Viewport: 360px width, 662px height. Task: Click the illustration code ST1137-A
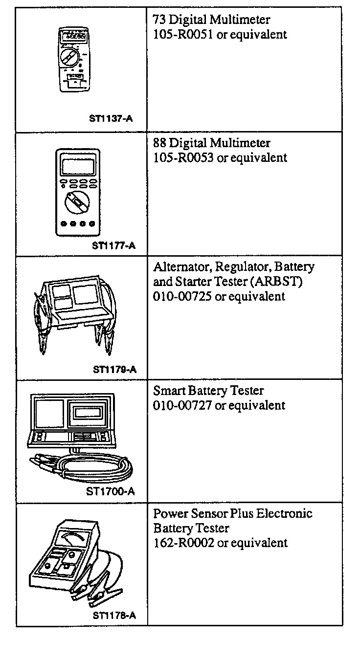pyautogui.click(x=111, y=118)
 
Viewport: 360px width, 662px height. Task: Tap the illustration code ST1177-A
pyautogui.click(x=113, y=245)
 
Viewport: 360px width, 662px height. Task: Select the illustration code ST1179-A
pyautogui.click(x=114, y=369)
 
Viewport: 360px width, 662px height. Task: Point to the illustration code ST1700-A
pyautogui.click(x=110, y=492)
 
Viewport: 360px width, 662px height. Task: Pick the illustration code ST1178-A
pyautogui.click(x=114, y=616)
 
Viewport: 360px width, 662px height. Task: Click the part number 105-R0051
pyautogui.click(x=183, y=35)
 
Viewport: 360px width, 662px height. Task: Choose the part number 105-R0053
pyautogui.click(x=183, y=158)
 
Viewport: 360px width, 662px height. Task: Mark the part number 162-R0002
pyautogui.click(x=183, y=543)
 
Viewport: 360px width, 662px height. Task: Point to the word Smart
pyautogui.click(x=168, y=391)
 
